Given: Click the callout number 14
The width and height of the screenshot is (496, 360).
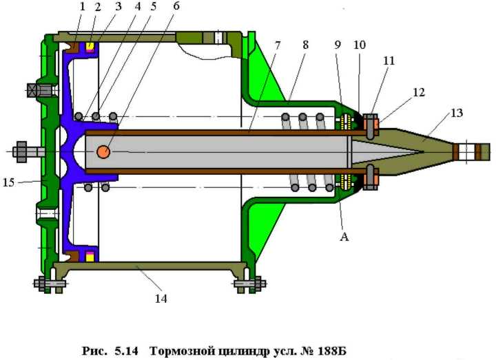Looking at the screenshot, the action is coord(161,298).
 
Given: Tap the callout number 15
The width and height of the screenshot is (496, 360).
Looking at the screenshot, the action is coord(9,182).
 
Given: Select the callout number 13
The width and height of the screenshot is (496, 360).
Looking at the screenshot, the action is coord(457,113).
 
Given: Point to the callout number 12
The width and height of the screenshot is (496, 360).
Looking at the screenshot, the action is coord(419,92).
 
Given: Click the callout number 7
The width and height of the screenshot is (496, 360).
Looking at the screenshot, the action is coord(278,45).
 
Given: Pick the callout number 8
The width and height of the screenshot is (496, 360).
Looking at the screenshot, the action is coord(305,45).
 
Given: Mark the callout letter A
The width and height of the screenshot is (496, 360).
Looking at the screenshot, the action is coord(344,236).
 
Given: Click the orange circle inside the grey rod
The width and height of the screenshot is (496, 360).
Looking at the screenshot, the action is coord(103,152).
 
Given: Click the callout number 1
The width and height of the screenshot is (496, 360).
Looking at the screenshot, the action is coord(83,7).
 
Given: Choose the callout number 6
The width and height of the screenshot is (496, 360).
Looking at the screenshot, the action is coord(176,6).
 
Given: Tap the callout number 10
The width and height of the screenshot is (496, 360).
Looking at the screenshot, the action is coord(360,45).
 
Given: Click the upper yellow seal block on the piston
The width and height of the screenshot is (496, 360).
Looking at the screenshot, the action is coord(90,46).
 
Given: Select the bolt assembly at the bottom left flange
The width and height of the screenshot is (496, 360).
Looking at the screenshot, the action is coord(50,284).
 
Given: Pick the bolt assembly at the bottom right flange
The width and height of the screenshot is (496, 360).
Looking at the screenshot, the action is coord(250,284).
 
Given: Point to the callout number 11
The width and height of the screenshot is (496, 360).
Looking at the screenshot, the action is coord(389,61).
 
